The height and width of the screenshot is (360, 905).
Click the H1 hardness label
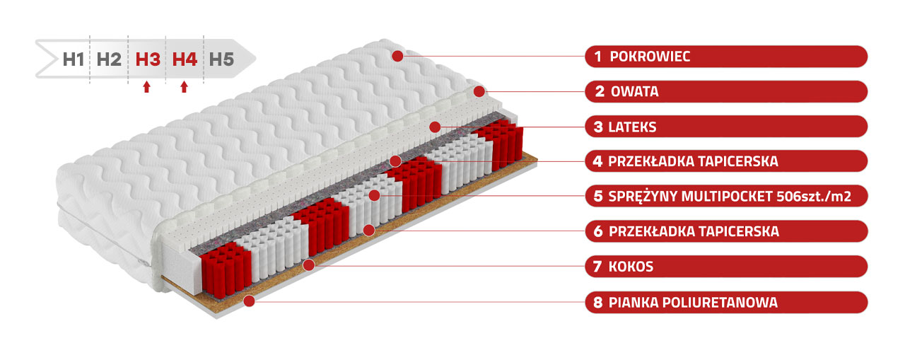coord(74,59)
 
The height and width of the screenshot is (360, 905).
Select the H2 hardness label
coord(109,59)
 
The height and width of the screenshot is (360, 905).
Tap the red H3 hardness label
coord(148,59)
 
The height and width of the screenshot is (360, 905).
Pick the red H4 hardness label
coord(185,59)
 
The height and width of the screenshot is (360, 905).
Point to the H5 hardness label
coord(221,59)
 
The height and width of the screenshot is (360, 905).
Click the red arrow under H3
coord(146,87)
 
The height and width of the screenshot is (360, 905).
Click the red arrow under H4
coord(185,87)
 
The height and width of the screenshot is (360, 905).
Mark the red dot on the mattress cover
coord(397,56)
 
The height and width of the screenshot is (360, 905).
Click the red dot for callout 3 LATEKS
coord(435,127)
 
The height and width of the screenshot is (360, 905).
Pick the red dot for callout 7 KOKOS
coord(309,265)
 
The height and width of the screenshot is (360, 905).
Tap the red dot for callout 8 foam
coord(250,301)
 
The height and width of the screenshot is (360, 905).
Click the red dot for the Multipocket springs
coord(375,195)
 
